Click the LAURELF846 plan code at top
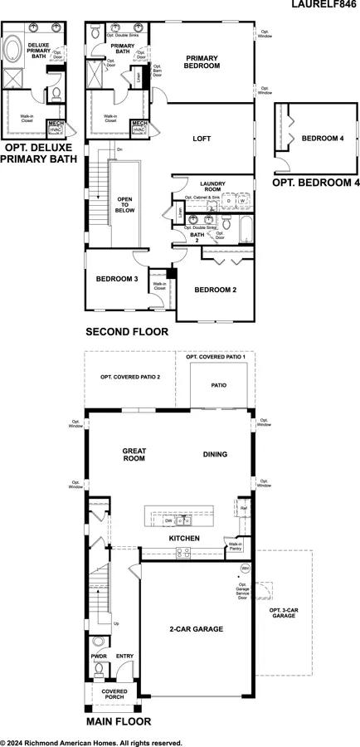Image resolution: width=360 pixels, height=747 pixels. point(324,5)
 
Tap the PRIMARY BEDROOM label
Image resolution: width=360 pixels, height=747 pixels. point(202,61)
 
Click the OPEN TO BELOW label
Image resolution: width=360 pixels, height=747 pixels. point(125,205)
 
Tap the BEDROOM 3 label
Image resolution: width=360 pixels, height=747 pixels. point(116,279)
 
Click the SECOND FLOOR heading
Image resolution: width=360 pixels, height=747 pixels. point(127,332)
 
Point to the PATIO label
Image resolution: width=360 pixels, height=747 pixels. point(218,385)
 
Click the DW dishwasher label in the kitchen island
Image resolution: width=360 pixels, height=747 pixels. point(168,520)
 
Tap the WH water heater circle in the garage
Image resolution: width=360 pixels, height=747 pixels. point(245,569)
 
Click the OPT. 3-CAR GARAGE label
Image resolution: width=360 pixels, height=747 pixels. point(284,613)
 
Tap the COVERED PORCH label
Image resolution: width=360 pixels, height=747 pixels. point(114,692)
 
